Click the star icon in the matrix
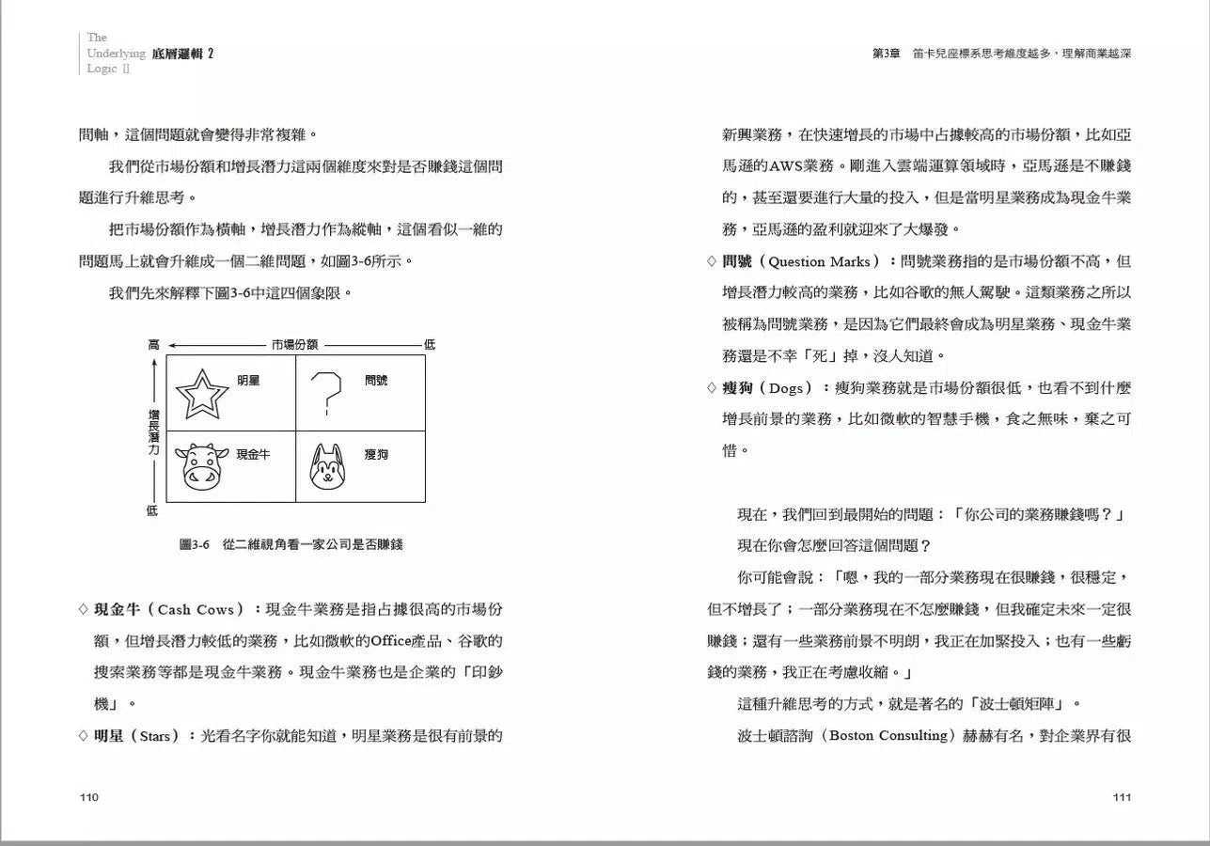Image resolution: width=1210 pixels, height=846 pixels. coord(201,394)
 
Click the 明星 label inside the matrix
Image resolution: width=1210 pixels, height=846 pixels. coord(248,381)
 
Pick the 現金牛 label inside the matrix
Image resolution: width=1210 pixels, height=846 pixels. coord(253,454)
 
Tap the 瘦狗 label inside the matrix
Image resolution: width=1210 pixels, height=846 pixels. coord(376,454)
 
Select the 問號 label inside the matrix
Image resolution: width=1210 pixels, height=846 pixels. coord(376,381)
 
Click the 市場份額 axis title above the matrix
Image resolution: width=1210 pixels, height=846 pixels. coord(295,345)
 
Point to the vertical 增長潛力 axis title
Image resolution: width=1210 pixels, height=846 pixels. coord(153,431)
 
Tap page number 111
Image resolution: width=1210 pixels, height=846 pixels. coord(1121,797)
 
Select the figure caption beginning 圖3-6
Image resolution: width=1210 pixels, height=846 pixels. coord(291,544)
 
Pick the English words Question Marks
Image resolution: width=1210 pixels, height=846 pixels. coord(819,261)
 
